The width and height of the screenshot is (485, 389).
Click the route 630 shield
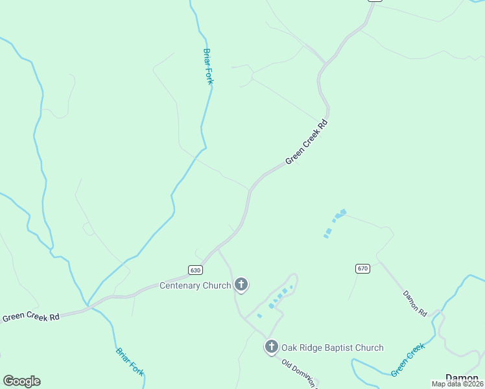point(196,270)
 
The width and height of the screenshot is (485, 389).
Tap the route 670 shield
point(362,268)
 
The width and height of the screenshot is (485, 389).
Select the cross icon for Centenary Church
point(241,285)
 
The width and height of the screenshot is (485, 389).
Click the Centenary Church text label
point(196,285)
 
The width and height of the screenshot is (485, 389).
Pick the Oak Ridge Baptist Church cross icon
point(271,347)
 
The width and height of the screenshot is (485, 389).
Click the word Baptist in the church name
point(337,348)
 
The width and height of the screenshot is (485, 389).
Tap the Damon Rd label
point(415,303)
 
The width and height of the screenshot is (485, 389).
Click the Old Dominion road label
point(300,372)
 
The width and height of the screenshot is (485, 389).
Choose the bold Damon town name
point(462,377)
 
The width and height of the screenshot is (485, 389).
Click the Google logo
point(21,381)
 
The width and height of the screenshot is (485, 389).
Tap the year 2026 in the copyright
point(474,384)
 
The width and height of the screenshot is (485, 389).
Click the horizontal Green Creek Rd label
point(30,317)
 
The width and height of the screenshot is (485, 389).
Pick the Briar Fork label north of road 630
point(208,66)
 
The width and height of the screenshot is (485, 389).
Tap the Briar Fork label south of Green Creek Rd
point(130,361)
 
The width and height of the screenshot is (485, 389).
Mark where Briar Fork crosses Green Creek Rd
point(88,305)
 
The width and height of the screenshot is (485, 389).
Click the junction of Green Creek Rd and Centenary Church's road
point(218,248)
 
